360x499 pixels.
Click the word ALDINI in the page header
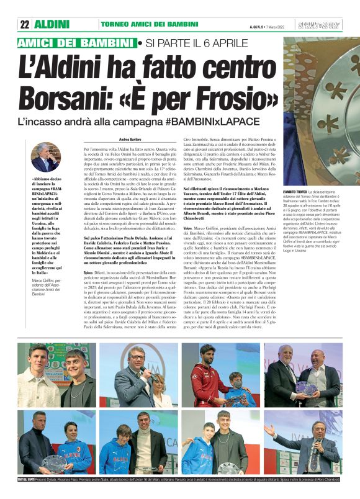coord(53,24)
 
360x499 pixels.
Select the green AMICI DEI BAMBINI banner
coord(77,43)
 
